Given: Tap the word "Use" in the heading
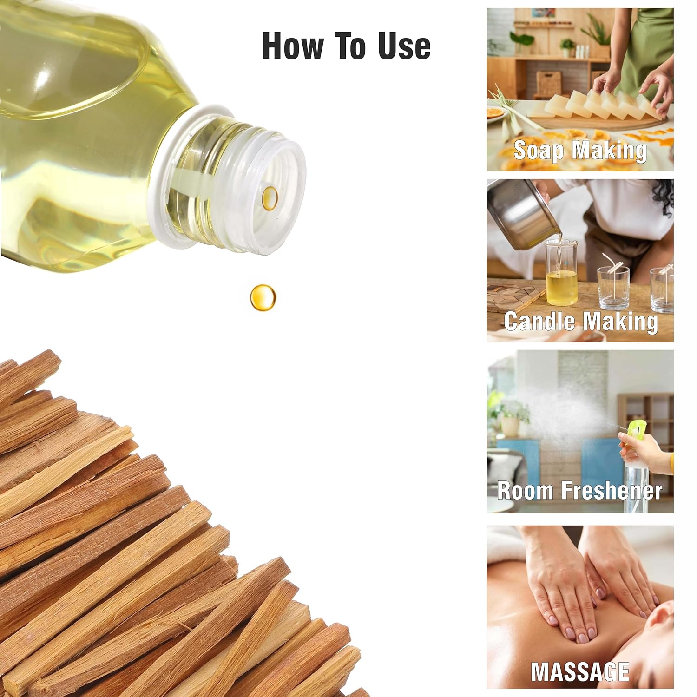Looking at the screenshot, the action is click(x=404, y=46).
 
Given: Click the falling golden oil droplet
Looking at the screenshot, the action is click(x=263, y=297).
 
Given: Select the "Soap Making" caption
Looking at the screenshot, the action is click(x=580, y=150).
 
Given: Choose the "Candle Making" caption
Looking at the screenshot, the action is click(x=581, y=321).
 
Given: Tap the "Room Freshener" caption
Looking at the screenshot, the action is click(x=580, y=490).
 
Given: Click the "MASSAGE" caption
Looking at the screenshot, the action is click(x=580, y=671).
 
